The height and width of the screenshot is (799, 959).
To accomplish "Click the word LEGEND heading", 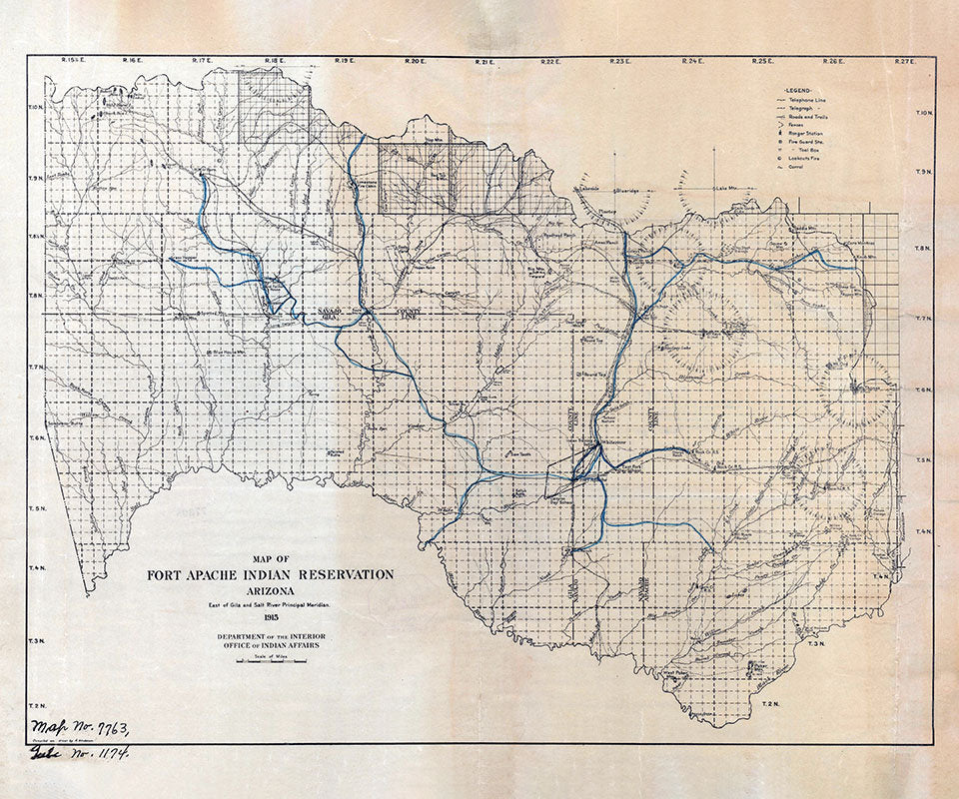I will pyautogui.click(x=805, y=90).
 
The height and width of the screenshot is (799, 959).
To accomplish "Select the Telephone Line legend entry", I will pyautogui.click(x=811, y=102).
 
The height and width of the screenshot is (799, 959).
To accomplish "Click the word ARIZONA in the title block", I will pyautogui.click(x=270, y=590).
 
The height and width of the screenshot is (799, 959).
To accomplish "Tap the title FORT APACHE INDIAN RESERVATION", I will pyautogui.click(x=270, y=574).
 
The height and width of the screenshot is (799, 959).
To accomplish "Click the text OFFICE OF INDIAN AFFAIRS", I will pyautogui.click(x=270, y=646).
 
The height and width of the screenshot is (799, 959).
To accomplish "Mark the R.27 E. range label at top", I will pyautogui.click(x=903, y=61).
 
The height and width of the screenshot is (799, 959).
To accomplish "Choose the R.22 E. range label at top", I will pyautogui.click(x=550, y=61).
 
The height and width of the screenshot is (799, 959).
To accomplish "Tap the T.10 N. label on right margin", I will pyautogui.click(x=923, y=112).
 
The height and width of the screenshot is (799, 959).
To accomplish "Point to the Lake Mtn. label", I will pyautogui.click(x=724, y=188).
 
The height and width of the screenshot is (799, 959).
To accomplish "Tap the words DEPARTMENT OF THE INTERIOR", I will pyautogui.click(x=270, y=636).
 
